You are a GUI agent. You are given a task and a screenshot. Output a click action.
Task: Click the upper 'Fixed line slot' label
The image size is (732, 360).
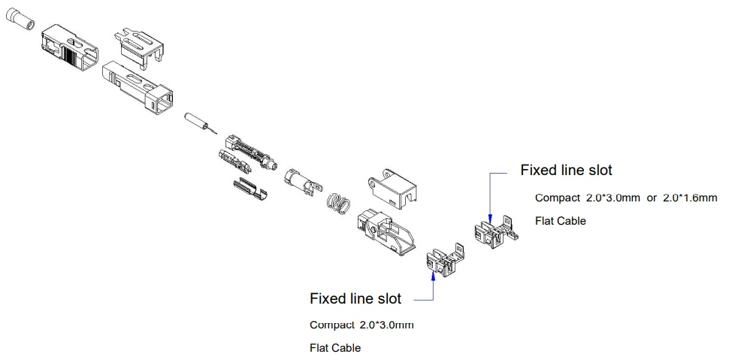(x=566, y=171)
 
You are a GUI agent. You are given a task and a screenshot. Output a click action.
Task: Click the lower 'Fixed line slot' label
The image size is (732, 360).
(x=355, y=299)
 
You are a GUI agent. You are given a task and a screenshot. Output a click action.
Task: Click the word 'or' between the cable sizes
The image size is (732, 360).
(x=652, y=198)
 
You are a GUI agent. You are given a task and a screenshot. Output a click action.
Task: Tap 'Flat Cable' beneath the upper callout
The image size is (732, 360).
(x=560, y=221)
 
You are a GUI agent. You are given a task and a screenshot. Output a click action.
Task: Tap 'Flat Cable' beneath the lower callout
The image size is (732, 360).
(x=335, y=348)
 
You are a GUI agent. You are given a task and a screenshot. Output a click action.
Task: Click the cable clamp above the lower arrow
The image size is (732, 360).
(x=444, y=259)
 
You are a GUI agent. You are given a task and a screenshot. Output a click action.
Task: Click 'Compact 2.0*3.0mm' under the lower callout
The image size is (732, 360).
(x=361, y=325)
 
